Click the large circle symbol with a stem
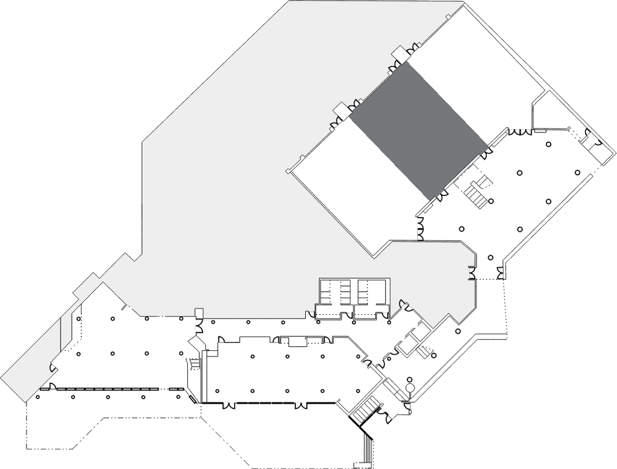410,388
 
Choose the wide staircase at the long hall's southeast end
366,410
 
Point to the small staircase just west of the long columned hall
194,363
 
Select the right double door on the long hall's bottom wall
301,406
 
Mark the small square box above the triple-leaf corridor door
199,312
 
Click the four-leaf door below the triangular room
520,132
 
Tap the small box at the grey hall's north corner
398,54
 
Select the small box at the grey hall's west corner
340,109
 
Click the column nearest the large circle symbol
409,379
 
